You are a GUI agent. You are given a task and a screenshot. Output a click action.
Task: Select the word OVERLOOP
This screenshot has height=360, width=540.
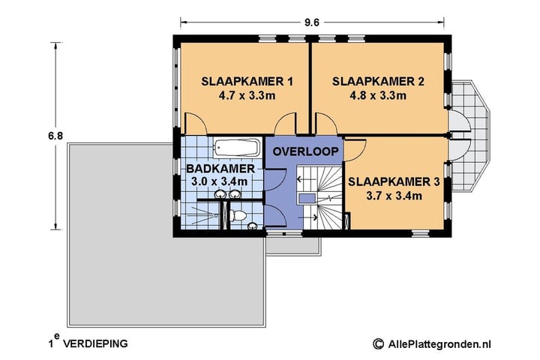tap(304, 151)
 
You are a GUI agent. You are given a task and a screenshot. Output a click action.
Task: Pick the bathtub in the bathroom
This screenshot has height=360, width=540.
tap(236, 147)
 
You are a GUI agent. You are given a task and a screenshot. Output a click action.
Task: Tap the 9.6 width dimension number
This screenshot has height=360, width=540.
tap(312, 22)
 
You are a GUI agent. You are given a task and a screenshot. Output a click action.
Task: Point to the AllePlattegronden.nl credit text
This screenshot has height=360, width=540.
tap(439, 343)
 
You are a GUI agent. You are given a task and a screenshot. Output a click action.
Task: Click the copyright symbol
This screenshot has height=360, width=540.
tap(378, 343)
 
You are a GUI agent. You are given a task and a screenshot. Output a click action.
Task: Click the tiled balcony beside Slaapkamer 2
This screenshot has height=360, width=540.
tap(472, 124)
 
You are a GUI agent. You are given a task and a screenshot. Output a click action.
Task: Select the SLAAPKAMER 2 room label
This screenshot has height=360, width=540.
tap(378, 81)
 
